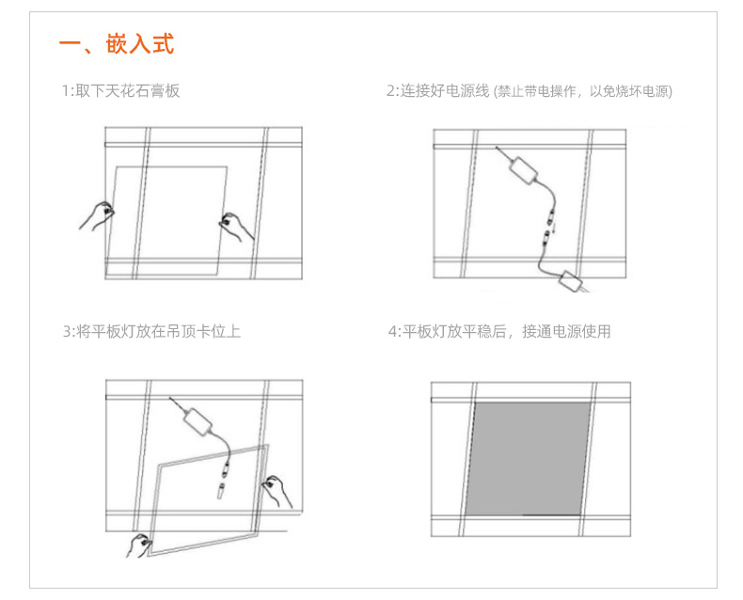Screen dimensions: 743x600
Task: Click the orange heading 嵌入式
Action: coord(140,44)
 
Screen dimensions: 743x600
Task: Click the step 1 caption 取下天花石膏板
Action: coord(128,90)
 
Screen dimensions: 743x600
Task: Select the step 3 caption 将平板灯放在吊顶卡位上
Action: coord(158,331)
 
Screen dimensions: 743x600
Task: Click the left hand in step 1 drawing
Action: coord(97,216)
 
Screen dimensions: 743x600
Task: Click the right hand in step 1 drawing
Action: coord(236,227)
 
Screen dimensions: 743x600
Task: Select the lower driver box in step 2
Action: coord(571,281)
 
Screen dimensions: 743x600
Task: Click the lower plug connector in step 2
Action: coord(546,238)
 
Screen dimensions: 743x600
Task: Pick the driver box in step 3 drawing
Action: coord(198,422)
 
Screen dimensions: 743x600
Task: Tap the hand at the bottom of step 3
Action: coord(139,545)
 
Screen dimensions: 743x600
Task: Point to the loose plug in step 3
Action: coord(220,491)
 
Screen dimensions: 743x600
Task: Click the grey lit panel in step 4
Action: coord(529,459)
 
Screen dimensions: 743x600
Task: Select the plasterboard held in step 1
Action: coord(166,220)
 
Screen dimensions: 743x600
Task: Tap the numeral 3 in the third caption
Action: coord(68,331)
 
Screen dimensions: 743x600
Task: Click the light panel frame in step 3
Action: coord(209,500)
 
